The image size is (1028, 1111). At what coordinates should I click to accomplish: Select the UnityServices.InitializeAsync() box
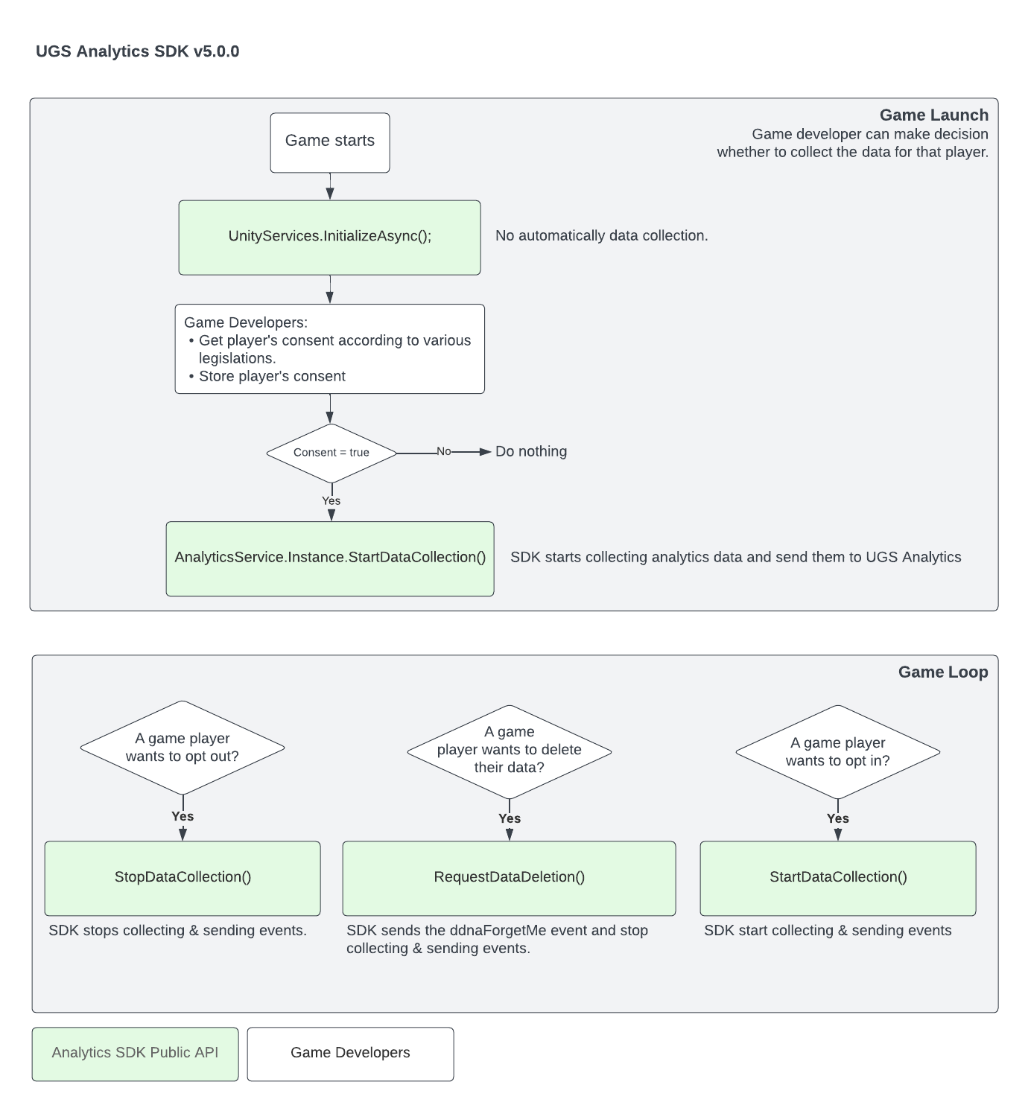click(329, 237)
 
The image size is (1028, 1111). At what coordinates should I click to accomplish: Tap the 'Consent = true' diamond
click(331, 453)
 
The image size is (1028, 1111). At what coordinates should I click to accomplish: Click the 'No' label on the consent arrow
click(443, 451)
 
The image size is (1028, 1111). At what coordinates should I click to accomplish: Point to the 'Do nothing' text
click(530, 451)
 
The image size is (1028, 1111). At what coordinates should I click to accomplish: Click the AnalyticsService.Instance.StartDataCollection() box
click(329, 558)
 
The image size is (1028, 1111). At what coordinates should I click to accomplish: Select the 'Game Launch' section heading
click(933, 115)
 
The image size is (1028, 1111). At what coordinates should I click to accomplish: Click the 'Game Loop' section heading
click(942, 672)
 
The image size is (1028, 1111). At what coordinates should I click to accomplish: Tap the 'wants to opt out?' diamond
click(183, 748)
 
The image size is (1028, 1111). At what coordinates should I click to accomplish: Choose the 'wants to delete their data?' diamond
click(510, 750)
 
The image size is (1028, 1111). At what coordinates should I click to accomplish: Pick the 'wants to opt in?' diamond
click(837, 751)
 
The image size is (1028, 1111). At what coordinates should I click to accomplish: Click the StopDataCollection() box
click(183, 877)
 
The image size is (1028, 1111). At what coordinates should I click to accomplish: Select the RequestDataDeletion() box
click(509, 877)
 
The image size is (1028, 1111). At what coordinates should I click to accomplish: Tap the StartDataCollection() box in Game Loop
click(837, 877)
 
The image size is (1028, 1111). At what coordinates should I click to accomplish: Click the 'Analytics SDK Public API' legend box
click(135, 1053)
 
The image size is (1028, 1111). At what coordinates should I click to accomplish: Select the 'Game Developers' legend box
click(350, 1053)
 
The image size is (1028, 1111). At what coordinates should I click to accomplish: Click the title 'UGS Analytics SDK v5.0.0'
click(138, 51)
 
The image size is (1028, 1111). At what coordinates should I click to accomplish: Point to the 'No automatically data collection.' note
click(601, 236)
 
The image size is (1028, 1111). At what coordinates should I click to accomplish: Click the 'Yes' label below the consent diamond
click(331, 501)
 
